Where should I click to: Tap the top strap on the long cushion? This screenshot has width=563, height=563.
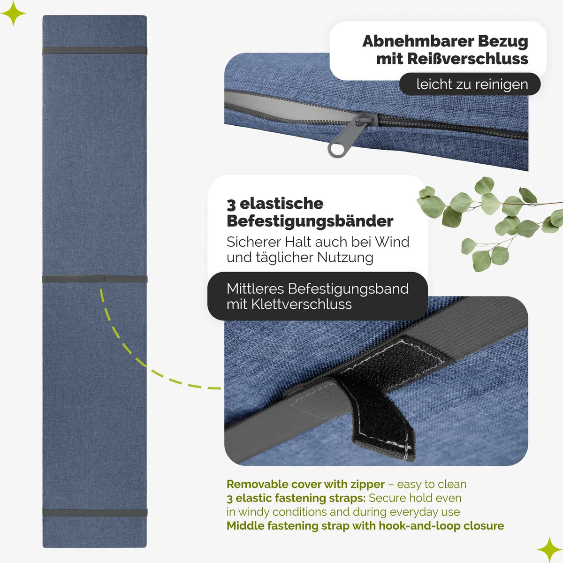point(95,50)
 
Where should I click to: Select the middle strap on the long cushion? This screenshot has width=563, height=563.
point(95,279)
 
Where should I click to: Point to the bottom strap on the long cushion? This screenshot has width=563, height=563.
point(95,512)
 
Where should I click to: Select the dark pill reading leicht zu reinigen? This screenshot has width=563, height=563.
point(470,84)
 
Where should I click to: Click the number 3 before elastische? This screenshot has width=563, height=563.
point(231,205)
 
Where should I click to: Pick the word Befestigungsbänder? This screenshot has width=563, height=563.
point(310,222)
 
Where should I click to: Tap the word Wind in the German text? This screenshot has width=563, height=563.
point(392,242)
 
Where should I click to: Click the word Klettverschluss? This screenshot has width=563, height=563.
point(302,304)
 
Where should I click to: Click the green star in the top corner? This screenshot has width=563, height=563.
point(13,13)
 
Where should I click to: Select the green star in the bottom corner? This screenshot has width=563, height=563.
point(549,549)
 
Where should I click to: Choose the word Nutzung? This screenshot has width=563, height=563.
point(345,258)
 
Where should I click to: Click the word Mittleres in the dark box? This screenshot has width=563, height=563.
point(255,289)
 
